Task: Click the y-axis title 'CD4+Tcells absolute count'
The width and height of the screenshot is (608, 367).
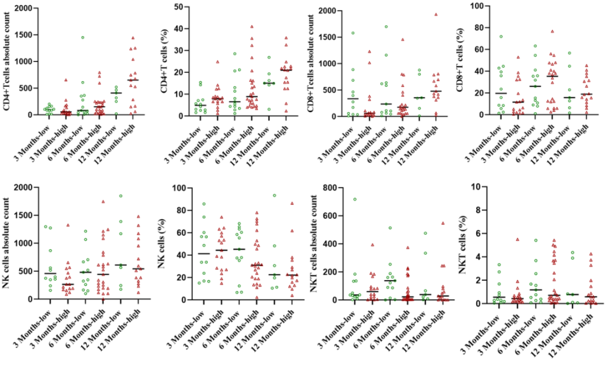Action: pyautogui.click(x=8, y=61)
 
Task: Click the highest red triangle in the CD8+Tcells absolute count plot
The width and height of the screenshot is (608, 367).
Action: pyautogui.click(x=436, y=14)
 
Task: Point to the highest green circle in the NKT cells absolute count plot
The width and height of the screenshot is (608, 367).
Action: pyautogui.click(x=355, y=200)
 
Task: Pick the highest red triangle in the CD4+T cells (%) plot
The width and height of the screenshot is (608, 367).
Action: pyautogui.click(x=251, y=27)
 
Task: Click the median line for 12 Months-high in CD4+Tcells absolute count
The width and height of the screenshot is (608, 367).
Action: pyautogui.click(x=134, y=80)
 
